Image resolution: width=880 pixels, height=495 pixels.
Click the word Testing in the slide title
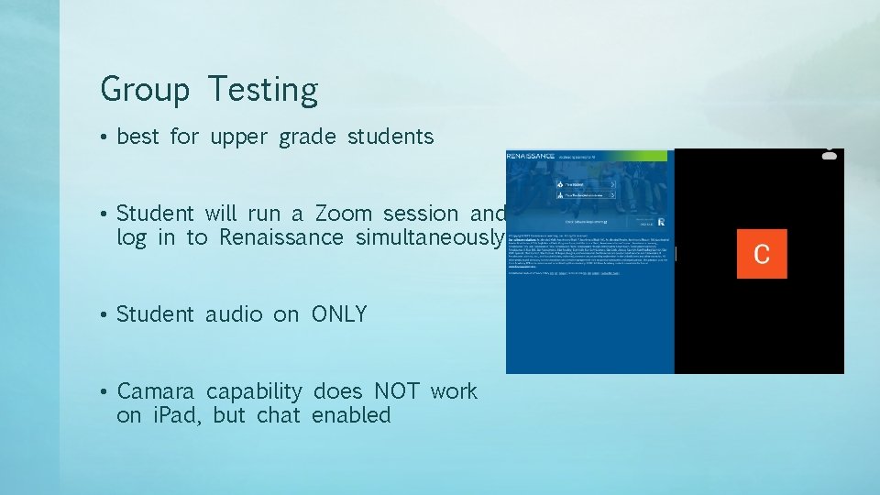click(262, 90)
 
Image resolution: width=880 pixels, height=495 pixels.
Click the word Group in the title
click(145, 90)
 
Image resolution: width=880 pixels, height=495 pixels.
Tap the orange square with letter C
click(761, 253)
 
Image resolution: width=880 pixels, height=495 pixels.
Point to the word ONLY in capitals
click(339, 314)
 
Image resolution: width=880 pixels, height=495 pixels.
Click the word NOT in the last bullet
click(396, 391)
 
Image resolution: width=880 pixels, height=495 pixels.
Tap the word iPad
click(172, 415)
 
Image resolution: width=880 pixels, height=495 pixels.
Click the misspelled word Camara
click(158, 391)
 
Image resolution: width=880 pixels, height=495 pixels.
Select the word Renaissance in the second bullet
click(280, 237)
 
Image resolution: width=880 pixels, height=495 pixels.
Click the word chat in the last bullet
click(278, 415)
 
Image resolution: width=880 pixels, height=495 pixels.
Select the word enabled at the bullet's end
click(351, 415)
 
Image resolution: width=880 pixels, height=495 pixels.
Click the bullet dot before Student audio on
click(106, 315)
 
